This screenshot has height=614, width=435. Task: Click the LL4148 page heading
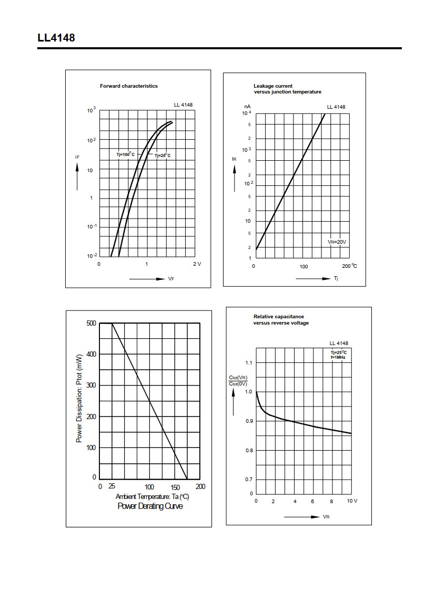pos(56,38)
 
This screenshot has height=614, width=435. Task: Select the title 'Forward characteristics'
pos(129,86)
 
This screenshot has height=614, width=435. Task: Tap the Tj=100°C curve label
pos(126,154)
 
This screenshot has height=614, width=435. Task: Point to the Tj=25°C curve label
pos(163,155)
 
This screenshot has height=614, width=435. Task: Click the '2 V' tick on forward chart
pos(197,264)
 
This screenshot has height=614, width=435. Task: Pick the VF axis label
pos(171,279)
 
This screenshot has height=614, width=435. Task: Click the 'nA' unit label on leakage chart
pos(247,107)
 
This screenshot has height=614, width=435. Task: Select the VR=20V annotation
pos(337,242)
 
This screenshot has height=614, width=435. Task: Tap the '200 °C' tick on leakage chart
pos(349,266)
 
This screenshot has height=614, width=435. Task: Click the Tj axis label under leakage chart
pos(336,278)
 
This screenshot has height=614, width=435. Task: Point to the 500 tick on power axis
pos(91,323)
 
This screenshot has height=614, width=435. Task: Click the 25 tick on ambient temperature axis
pos(112,486)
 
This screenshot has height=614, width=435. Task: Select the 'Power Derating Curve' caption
pos(150,506)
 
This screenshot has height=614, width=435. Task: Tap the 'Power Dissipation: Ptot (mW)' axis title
pos(79,398)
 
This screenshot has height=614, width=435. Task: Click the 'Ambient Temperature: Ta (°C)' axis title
pos(152,496)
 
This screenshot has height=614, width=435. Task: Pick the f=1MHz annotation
pos(338,357)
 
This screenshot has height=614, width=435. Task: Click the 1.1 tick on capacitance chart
pos(249,362)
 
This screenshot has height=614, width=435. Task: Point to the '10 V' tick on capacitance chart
pos(352,501)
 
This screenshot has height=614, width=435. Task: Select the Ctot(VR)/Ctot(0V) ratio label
pos(238,381)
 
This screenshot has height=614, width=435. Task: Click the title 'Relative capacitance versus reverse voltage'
pos(281,319)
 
